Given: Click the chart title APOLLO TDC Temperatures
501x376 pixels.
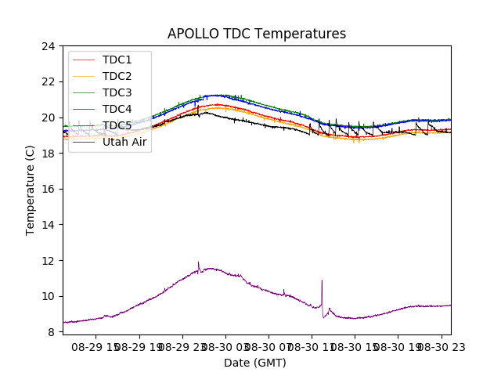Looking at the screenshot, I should click(x=257, y=34).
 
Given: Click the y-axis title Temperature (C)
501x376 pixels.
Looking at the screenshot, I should click(x=31, y=190).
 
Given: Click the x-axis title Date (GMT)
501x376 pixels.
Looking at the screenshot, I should click(x=255, y=363).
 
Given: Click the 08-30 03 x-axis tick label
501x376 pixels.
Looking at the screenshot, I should click(x=226, y=346).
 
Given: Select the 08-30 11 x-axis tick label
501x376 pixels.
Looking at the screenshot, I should click(x=312, y=346).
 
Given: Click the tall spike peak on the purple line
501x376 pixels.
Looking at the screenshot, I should click(x=322, y=280).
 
